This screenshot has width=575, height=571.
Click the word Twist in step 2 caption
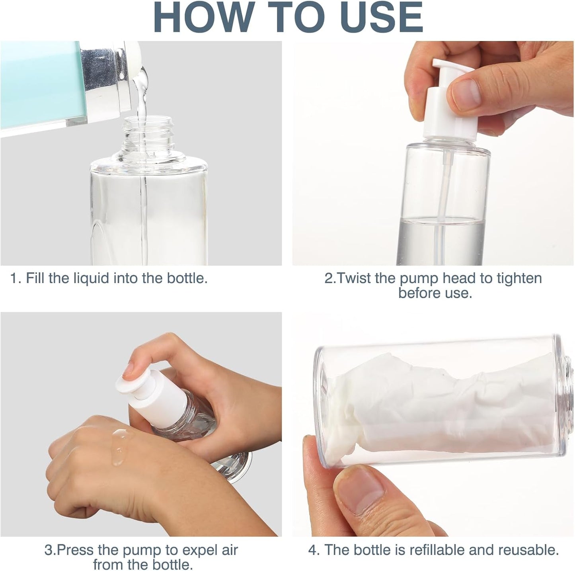(x=353, y=278)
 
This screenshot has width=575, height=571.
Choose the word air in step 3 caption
(x=228, y=550)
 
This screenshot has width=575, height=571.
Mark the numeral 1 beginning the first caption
(x=14, y=278)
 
